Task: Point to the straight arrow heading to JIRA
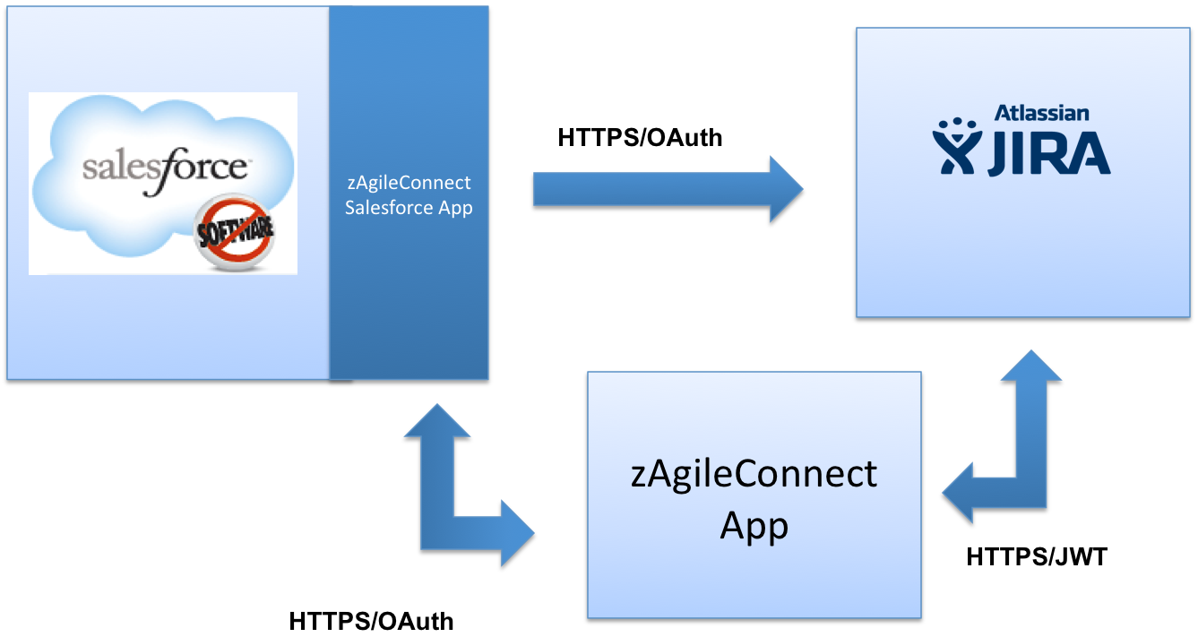tap(663, 189)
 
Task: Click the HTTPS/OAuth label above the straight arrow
tap(639, 138)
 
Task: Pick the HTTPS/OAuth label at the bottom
tap(371, 621)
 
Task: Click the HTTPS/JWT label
tap(1036, 556)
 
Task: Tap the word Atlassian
tap(1041, 113)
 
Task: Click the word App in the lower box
tap(754, 525)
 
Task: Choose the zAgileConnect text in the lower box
tap(754, 473)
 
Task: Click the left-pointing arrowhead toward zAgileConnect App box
tap(961, 493)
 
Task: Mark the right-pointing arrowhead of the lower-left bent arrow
tap(514, 534)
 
